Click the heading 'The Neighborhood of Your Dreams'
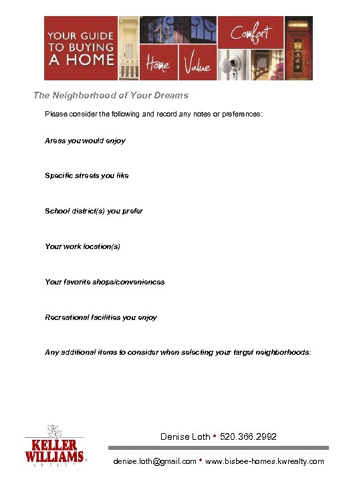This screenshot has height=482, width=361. [x=111, y=96]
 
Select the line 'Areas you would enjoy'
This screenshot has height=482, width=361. [x=85, y=141]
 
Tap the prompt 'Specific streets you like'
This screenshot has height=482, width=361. [x=87, y=176]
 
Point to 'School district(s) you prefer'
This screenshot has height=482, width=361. [x=94, y=211]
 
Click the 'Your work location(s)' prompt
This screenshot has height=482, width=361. [x=82, y=246]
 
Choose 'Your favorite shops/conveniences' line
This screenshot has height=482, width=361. [x=104, y=282]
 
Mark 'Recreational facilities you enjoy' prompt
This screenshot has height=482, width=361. [x=101, y=317]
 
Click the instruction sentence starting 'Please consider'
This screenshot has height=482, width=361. [x=154, y=114]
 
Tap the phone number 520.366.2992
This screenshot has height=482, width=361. [x=249, y=437]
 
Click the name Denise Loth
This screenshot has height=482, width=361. [x=185, y=437]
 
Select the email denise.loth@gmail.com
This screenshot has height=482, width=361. [x=155, y=461]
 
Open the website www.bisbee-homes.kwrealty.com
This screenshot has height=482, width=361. [x=265, y=461]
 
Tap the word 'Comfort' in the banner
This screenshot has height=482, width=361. [x=251, y=32]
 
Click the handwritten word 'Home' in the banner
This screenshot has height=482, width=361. [x=158, y=65]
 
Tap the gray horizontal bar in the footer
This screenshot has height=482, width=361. [x=218, y=448]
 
